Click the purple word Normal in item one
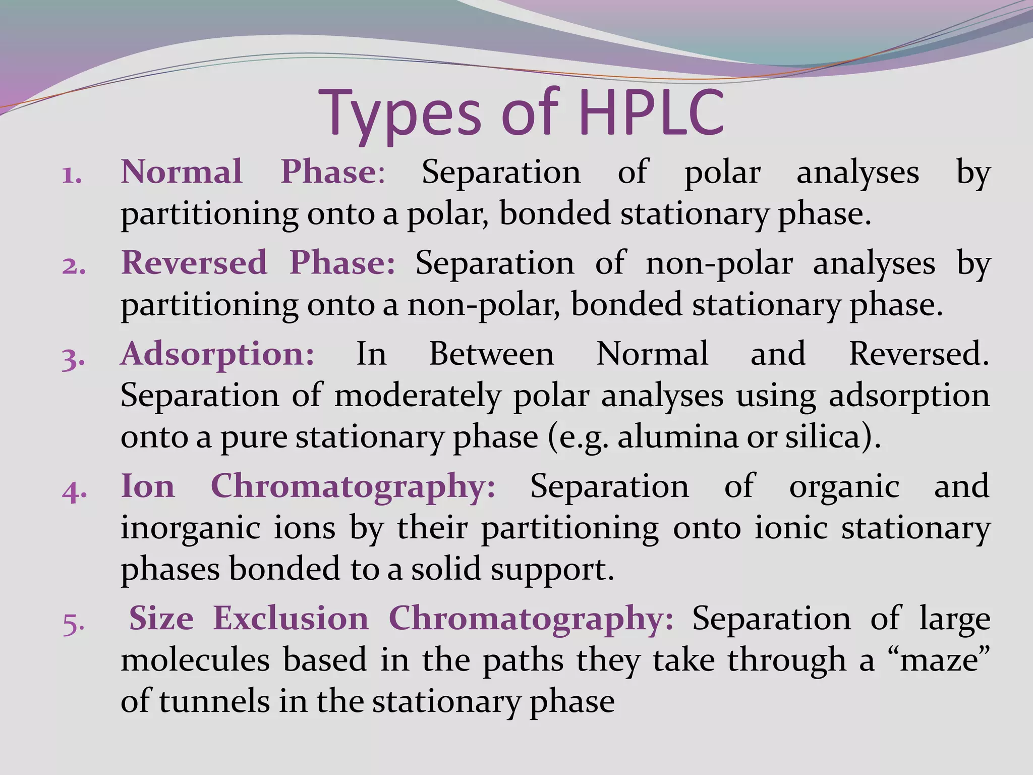point(182,172)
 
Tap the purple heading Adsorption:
point(217,355)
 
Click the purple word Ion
point(148,486)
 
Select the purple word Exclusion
point(291,618)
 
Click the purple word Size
point(161,618)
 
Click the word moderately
point(418,396)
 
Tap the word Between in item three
point(491,354)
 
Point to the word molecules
point(194,660)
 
